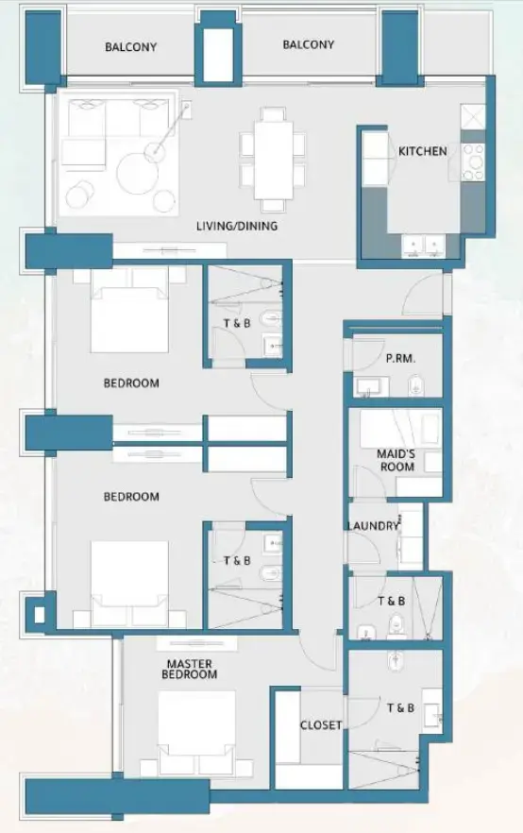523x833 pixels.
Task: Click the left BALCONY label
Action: point(131,46)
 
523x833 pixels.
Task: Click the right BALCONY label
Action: point(308,44)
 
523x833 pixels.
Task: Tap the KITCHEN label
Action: point(422,151)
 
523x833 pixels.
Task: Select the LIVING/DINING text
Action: point(236,226)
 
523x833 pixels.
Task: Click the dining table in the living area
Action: point(273,159)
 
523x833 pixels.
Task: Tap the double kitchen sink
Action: point(421,244)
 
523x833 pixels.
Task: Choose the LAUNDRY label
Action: point(373,526)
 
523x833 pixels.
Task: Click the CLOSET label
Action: point(320,725)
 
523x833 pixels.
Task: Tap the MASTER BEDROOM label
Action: point(190,669)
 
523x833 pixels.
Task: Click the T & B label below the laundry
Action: point(391,601)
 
